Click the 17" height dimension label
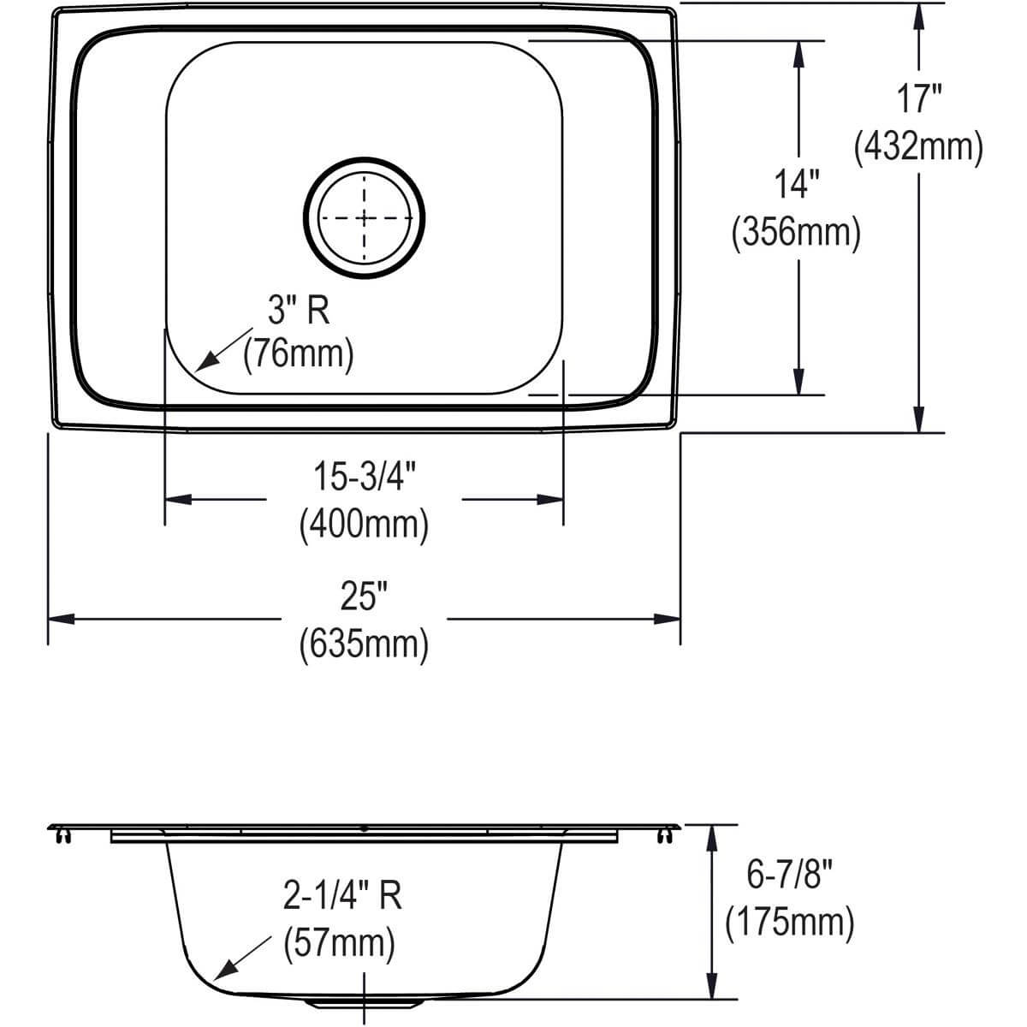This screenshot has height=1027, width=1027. (919, 99)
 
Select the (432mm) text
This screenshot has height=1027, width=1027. (917, 148)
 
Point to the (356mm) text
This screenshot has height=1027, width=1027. (796, 232)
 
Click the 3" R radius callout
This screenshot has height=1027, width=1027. (298, 312)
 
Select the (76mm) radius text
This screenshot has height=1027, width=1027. (298, 353)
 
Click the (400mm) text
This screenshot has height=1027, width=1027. (363, 523)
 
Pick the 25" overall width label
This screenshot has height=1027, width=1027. (363, 597)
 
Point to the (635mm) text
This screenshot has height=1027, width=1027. (363, 643)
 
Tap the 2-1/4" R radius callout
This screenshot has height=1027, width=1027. (341, 895)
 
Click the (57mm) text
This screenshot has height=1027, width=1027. (339, 944)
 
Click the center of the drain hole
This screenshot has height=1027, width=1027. (365, 217)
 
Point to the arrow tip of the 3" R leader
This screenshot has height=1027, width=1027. (198, 370)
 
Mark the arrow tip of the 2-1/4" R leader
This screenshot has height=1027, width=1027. (215, 978)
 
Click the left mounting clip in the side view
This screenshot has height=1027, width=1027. (60, 834)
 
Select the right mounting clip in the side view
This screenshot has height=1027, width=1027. (663, 834)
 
